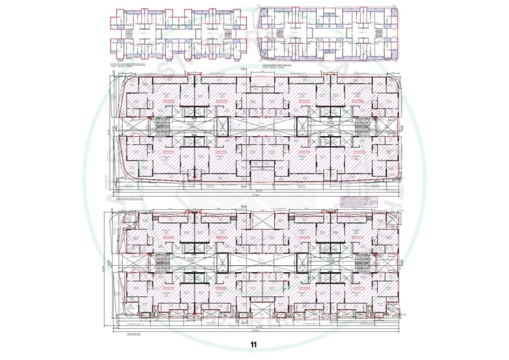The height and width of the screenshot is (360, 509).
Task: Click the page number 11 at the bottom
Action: point(253,345)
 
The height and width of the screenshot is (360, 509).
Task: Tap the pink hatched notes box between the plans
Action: point(357,202)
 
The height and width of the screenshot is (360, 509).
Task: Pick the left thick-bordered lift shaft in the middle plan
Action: point(223,125)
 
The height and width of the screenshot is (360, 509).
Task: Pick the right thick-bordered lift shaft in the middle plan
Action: point(302,125)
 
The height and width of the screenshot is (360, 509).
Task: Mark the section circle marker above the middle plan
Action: point(244,71)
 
